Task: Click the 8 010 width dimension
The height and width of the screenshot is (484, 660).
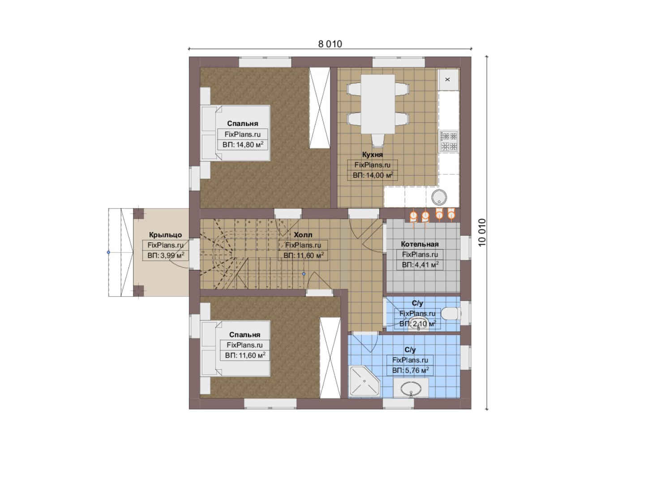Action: click(330, 44)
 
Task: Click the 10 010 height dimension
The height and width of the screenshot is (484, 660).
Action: click(482, 233)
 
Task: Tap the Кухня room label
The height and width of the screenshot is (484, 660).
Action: click(373, 155)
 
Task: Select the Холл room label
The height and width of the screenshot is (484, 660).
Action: click(303, 235)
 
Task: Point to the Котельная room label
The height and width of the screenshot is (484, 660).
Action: click(420, 244)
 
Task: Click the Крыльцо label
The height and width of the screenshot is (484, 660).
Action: click(165, 235)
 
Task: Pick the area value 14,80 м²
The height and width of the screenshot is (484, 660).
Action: click(243, 145)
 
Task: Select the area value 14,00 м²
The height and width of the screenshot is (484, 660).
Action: click(373, 175)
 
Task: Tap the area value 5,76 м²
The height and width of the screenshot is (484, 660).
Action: click(410, 371)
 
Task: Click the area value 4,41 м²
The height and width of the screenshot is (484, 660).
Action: click(420, 264)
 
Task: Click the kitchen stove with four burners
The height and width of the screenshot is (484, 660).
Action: click(449, 141)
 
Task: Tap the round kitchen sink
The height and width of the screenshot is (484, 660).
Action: click(439, 197)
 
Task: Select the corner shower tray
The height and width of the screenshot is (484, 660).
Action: click(364, 381)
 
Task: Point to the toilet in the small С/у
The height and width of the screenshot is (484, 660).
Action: click(451, 314)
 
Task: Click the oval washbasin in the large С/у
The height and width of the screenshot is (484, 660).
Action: click(411, 389)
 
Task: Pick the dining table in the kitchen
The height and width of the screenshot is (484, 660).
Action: click(378, 104)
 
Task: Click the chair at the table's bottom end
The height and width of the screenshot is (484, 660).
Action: click(378, 140)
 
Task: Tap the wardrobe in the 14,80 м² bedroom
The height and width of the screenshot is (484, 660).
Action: click(319, 108)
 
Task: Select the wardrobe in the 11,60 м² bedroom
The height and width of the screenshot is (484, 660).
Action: click(330, 358)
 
